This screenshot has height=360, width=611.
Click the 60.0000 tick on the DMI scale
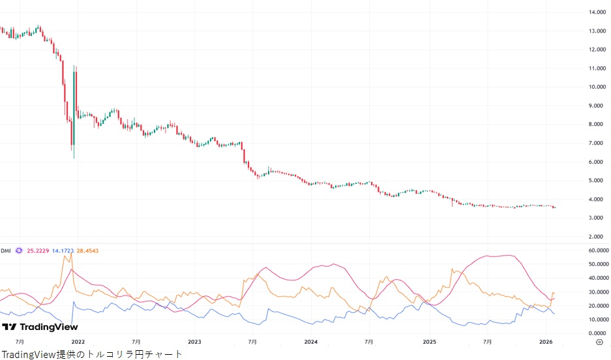pyautogui.click(x=597, y=250)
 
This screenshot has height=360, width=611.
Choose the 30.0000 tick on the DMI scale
pyautogui.click(x=597, y=292)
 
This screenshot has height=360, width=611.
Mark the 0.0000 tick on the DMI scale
pyautogui.click(x=599, y=333)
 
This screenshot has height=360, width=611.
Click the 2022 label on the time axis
pyautogui.click(x=78, y=341)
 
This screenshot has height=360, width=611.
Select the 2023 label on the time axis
pyautogui.click(x=194, y=341)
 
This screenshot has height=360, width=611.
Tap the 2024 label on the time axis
pyautogui.click(x=311, y=341)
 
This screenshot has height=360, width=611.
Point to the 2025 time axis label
pyautogui.click(x=429, y=341)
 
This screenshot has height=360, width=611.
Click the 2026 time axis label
pyautogui.click(x=546, y=341)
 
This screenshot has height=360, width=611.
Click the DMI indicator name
pyautogui.click(x=6, y=250)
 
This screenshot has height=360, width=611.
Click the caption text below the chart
pyautogui.click(x=92, y=354)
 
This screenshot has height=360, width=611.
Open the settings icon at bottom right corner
pyautogui.click(x=599, y=341)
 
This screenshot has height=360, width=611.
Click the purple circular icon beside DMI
pyautogui.click(x=19, y=250)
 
